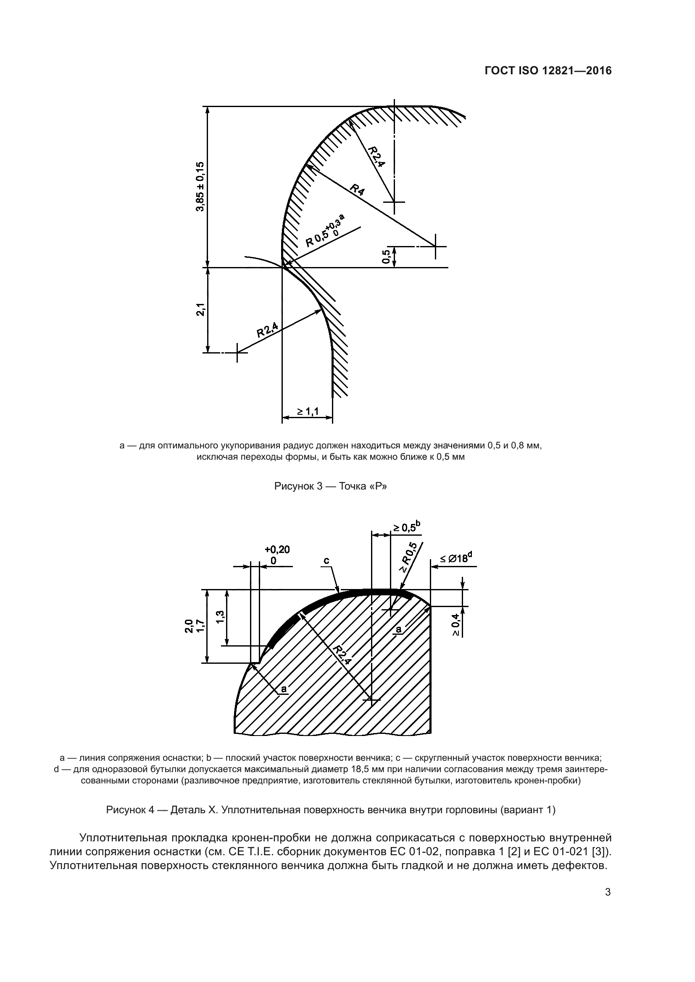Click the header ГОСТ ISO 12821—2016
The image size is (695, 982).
(548, 71)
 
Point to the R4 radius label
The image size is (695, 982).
(357, 189)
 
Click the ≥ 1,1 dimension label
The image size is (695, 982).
(308, 411)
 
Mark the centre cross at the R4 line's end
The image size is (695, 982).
(435, 246)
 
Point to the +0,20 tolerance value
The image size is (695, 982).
(277, 550)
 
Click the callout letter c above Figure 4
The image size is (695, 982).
(326, 560)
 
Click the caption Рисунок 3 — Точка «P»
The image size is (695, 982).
(330, 486)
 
